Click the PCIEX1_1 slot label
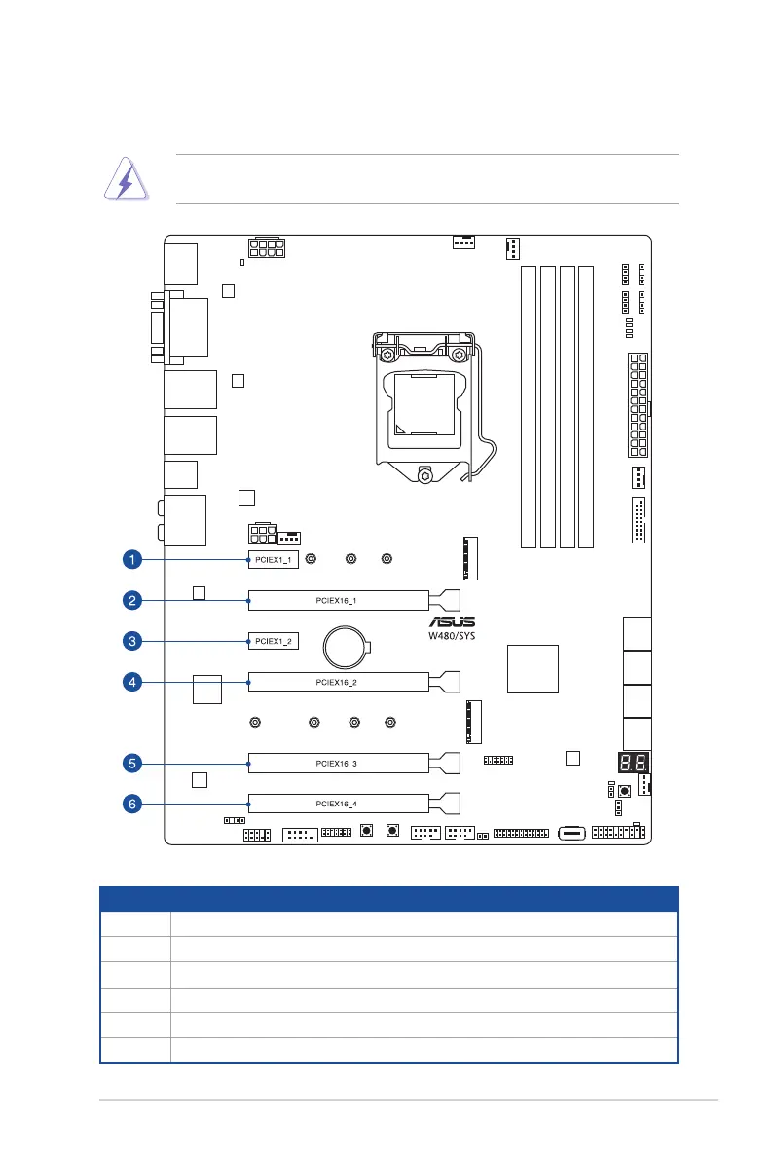[272, 560]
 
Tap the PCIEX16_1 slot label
[339, 600]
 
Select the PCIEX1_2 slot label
[272, 641]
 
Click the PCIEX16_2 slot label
[339, 683]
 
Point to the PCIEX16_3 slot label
[339, 763]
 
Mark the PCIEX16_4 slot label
[339, 805]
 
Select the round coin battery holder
[346, 645]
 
